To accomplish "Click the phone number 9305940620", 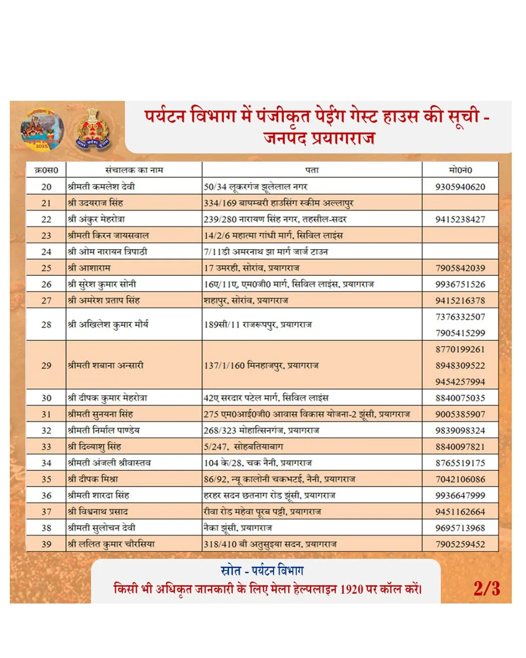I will click(460, 187).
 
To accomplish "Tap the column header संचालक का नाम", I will click(134, 170).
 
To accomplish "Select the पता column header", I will click(312, 170).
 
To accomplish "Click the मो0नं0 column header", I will click(460, 170).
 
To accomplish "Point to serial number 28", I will click(46, 325).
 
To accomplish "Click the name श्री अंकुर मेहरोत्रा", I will click(96, 219).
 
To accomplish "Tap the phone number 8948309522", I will click(460, 366).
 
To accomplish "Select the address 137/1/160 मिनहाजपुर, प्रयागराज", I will click(261, 366).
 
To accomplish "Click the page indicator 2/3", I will click(487, 588).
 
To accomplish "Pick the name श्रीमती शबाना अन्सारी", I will click(106, 366).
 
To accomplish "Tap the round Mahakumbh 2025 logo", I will click(42, 130).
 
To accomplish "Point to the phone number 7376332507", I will click(460, 317).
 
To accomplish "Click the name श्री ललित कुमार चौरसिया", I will click(111, 544).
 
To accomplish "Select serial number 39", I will click(46, 544).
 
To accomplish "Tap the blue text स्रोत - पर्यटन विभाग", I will click(262, 570).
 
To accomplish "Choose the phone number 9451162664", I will click(460, 512).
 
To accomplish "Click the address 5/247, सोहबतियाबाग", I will click(244, 446).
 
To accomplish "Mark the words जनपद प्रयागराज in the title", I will click(319, 138).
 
